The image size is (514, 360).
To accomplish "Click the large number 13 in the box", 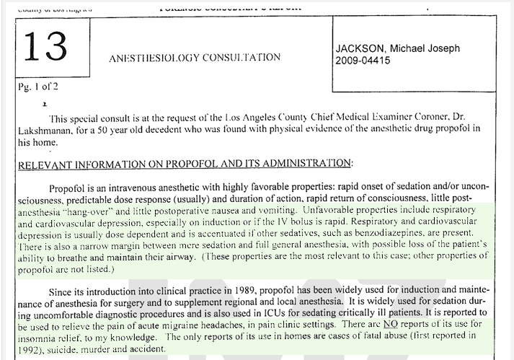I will [45, 45].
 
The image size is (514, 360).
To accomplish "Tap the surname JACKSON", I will [363, 48].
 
